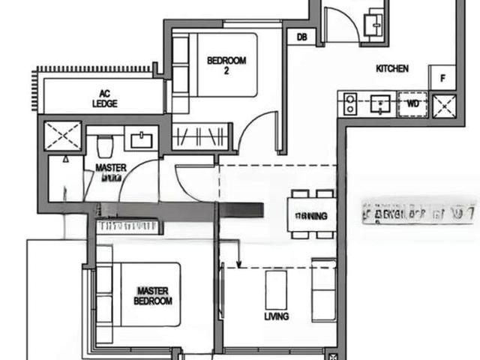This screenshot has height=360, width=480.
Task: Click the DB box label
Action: coord(301,37)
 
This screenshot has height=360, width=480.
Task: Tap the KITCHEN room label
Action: coord(392,69)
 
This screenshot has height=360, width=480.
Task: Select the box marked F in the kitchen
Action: coord(442,77)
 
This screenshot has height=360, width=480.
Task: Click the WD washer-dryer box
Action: coord(412,103)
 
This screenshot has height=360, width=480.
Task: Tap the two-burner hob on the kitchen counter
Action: coord(349,103)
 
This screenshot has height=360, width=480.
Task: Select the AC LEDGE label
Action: coord(105,98)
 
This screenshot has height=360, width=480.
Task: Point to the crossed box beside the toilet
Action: coord(63,136)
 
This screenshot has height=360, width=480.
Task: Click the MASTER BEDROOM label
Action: coord(154,295)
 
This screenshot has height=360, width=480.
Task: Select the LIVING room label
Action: coord(276,316)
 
